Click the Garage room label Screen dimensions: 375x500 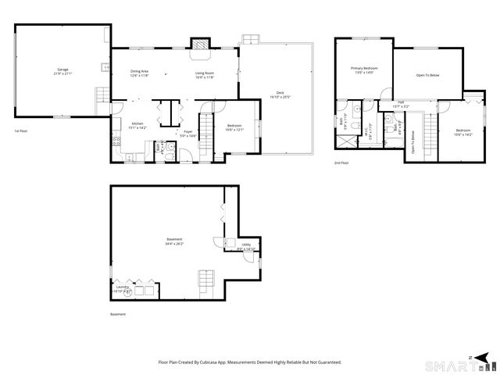[x=62, y=72]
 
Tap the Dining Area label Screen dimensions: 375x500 [x=139, y=73]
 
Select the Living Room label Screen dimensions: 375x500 [x=205, y=73]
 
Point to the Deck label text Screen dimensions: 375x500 [x=280, y=95]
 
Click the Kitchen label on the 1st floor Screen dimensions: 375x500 [x=137, y=125]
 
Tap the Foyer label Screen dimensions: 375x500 [x=188, y=134]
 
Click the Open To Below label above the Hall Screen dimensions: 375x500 [x=427, y=75]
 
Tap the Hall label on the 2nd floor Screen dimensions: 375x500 [x=400, y=103]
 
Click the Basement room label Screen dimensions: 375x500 [x=174, y=241]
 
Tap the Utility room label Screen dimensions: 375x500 [x=245, y=246]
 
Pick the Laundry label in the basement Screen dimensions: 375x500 [x=122, y=288]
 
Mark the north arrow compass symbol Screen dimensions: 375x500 [x=470, y=357]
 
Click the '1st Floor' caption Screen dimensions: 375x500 [x=23, y=130]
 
